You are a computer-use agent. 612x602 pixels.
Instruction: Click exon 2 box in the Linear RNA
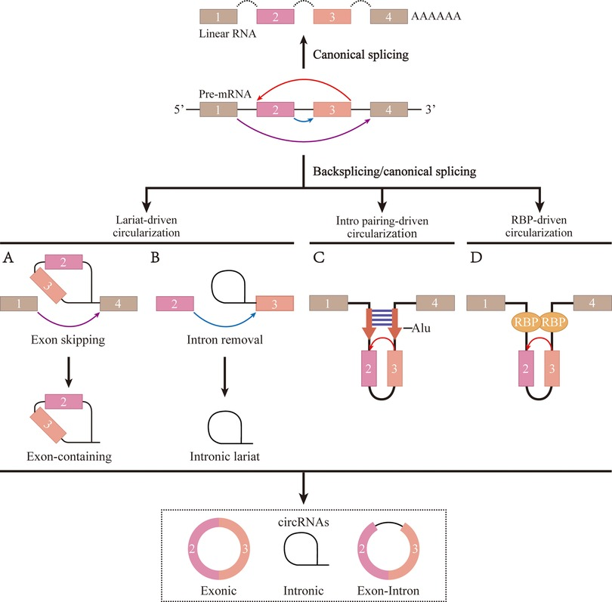click(276, 16)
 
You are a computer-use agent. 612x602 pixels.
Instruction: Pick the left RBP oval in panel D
click(522, 320)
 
